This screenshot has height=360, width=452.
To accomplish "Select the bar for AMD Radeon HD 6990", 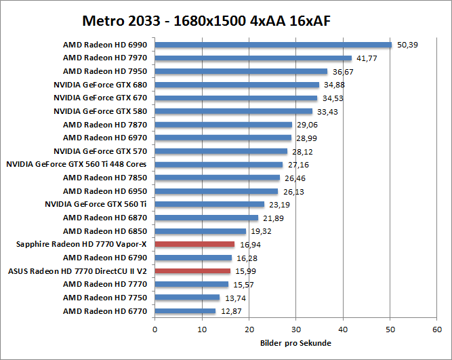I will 273,45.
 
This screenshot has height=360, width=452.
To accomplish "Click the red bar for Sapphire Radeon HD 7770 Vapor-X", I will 194,244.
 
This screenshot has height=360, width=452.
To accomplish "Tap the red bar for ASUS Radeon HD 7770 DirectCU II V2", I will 192,271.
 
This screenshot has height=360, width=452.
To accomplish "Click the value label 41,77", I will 368,59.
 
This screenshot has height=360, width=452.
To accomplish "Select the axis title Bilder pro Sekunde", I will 295,343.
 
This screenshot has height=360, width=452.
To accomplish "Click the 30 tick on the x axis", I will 296,329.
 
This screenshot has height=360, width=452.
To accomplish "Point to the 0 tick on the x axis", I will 155,329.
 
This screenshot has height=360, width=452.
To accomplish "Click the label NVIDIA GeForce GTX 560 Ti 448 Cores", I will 77,164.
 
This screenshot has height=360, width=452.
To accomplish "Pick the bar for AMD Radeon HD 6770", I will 185,311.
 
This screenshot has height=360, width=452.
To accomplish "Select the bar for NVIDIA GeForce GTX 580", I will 234,111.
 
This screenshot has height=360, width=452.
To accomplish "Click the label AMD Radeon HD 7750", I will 105,298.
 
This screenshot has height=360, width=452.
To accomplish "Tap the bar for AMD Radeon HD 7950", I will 241,71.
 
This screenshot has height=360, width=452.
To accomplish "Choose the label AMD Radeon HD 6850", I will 105,231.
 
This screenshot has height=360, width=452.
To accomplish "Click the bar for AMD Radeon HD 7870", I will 224,125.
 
